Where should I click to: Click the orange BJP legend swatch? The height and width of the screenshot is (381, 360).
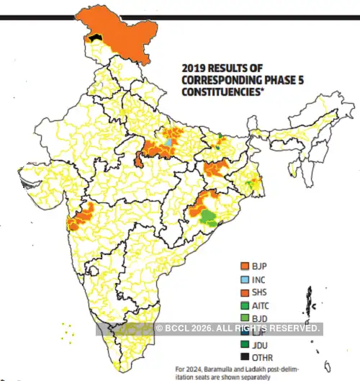tap(245, 266)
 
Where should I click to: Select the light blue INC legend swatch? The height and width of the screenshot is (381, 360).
tap(245, 279)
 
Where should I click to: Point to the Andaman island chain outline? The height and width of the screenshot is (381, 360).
tap(307, 299)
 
